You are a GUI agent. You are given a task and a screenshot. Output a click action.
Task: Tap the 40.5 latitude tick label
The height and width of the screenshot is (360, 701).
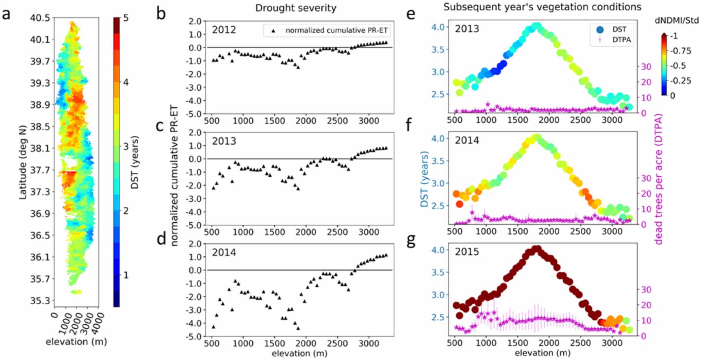click(40, 18)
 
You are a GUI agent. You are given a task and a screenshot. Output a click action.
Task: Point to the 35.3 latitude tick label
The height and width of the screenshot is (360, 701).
click(40, 301)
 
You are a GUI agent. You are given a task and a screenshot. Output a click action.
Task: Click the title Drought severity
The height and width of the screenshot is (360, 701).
click(295, 8)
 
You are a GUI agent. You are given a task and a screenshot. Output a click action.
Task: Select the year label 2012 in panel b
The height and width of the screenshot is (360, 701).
click(224, 30)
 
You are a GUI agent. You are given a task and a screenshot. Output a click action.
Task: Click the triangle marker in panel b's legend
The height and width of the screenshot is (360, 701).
click(273, 30)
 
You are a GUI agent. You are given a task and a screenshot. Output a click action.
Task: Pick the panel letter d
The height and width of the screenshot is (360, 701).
click(161, 239)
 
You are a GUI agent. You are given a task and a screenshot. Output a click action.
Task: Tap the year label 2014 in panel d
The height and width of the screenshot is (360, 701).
click(224, 253)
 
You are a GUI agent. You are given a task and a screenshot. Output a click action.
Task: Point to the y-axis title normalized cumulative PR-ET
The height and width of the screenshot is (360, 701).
click(174, 176)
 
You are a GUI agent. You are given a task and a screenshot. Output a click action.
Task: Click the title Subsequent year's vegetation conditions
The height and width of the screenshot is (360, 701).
click(542, 7)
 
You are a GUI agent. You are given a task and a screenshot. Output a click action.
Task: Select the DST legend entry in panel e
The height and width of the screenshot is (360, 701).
click(613, 29)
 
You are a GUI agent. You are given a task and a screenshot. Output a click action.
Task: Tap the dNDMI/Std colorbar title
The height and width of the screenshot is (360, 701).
click(677, 20)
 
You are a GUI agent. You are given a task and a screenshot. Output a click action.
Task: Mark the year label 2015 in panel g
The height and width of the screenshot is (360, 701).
click(467, 252)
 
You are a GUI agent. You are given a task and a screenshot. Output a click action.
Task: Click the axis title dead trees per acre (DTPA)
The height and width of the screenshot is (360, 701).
click(658, 179)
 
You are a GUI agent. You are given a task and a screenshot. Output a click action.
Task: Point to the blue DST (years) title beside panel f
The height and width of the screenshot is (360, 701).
click(424, 179)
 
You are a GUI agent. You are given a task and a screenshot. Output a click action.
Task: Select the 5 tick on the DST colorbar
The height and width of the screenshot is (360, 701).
click(126, 18)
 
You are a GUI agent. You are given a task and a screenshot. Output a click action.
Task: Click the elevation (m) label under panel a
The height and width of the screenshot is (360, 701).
click(76, 342)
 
